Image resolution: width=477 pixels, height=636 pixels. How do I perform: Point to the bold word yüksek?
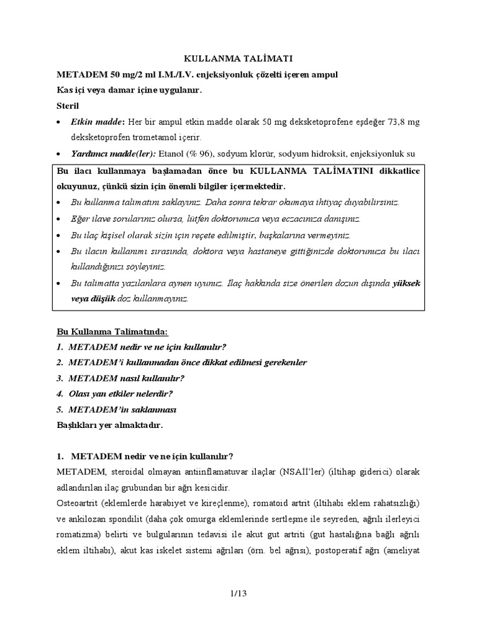406,283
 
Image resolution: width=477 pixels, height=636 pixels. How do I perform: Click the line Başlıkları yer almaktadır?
109,425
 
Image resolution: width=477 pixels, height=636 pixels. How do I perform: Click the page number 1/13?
238,594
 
